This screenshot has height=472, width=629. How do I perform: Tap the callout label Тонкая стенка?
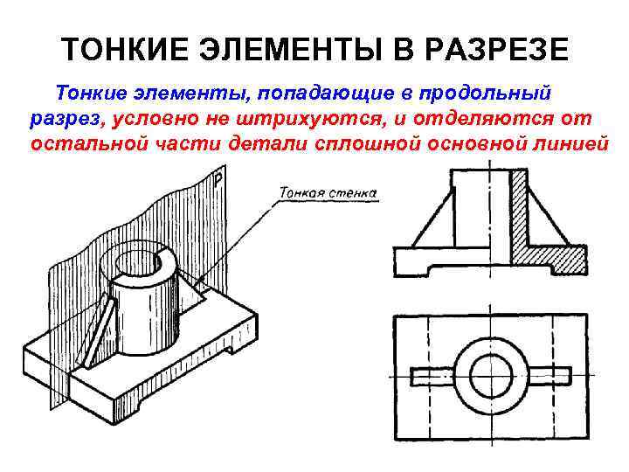[x=328, y=191]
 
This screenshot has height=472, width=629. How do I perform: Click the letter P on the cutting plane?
[x=218, y=181]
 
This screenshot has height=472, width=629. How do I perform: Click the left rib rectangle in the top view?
[x=433, y=377]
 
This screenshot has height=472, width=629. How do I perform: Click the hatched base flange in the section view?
[x=550, y=260]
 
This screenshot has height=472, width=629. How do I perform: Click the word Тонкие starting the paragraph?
[x=92, y=92]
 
